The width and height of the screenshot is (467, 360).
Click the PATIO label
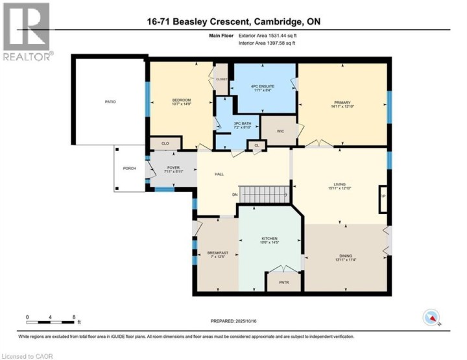(x=109, y=101)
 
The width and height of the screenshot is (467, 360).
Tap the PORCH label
(x=129, y=169)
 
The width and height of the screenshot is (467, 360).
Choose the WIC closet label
(x=280, y=131)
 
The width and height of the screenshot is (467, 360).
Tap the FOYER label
(x=173, y=168)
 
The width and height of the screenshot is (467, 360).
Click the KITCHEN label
(x=269, y=239)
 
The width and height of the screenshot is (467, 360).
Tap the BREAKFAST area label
(x=216, y=252)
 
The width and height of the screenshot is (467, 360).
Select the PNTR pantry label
(x=283, y=283)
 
